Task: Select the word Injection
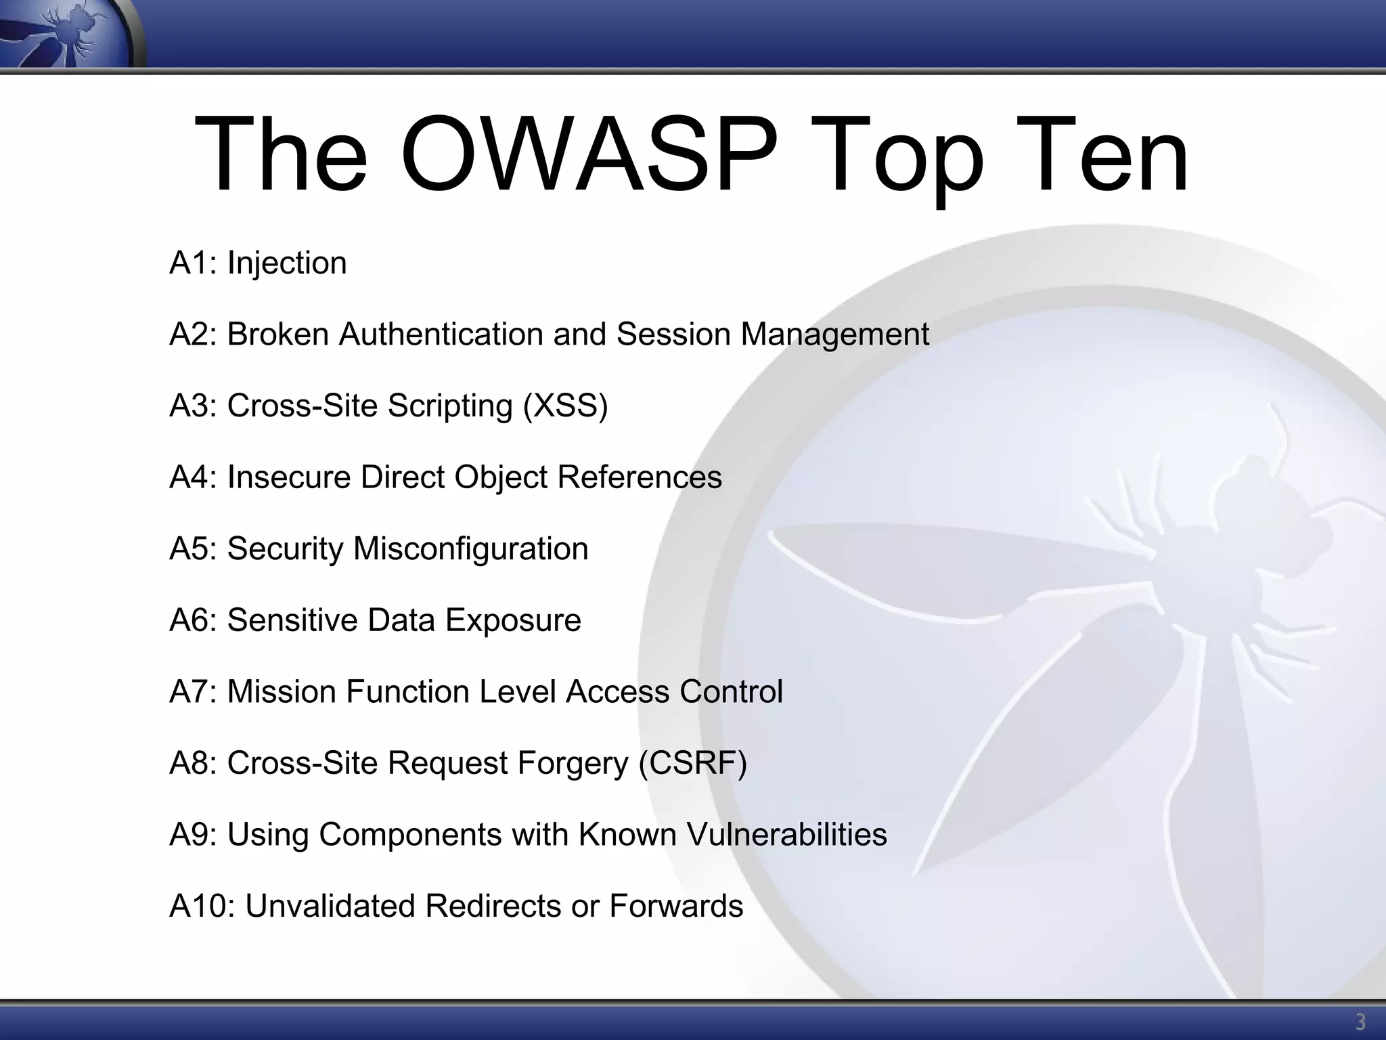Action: pos(287,263)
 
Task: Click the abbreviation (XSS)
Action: pos(565,406)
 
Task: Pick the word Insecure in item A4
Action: pos(289,477)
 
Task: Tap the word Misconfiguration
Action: pos(470,549)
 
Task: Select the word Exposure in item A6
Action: pos(513,620)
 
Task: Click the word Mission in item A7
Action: pos(281,692)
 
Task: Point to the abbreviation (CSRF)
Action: pos(693,763)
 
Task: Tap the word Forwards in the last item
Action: pos(676,906)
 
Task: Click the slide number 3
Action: pos(1360,1022)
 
